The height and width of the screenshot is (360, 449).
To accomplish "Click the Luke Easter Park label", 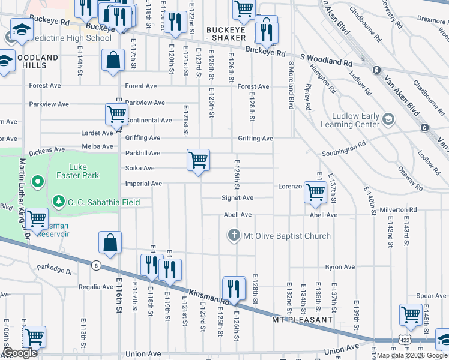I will click(74, 170).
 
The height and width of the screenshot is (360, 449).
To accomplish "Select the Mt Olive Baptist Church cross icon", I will click(234, 235).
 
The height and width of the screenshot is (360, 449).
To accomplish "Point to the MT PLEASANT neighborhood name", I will click(302, 320).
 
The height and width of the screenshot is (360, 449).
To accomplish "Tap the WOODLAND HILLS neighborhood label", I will click(30, 62).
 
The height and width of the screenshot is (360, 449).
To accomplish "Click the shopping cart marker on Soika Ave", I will click(198, 161).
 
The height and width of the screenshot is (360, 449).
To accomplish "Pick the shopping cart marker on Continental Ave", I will click(116, 114).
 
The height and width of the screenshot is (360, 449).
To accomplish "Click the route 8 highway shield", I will click(95, 265).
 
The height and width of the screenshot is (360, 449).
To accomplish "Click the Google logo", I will click(19, 353).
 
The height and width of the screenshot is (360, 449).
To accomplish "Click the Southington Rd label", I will click(343, 145).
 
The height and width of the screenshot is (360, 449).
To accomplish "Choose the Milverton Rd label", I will click(398, 210).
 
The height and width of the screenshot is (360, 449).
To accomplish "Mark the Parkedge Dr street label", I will click(54, 270).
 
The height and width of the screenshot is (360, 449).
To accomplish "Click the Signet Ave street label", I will click(238, 197).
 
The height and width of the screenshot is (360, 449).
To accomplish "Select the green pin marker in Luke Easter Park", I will click(37, 181).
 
